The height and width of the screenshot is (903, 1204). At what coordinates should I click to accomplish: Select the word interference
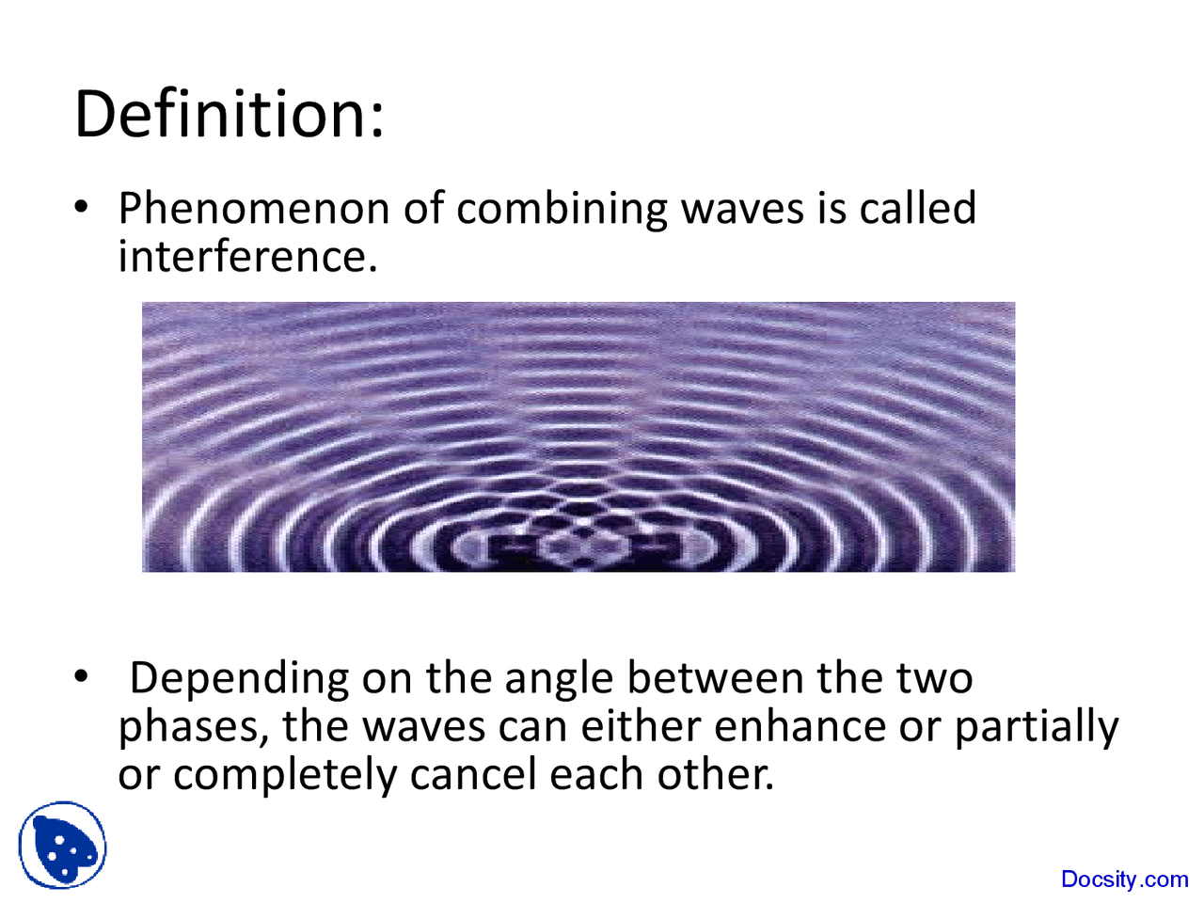pyautogui.click(x=246, y=257)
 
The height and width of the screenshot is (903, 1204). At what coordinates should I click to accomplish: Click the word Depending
pyautogui.click(x=239, y=679)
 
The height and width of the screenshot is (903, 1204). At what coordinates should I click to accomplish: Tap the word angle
pyautogui.click(x=561, y=679)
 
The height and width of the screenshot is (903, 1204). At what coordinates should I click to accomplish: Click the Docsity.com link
pyautogui.click(x=1124, y=879)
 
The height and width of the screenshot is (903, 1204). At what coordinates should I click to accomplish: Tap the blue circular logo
pyautogui.click(x=62, y=846)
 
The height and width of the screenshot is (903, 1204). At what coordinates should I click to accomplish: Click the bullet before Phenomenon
pyautogui.click(x=82, y=206)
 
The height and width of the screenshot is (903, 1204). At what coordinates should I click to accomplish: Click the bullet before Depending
pyautogui.click(x=82, y=676)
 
